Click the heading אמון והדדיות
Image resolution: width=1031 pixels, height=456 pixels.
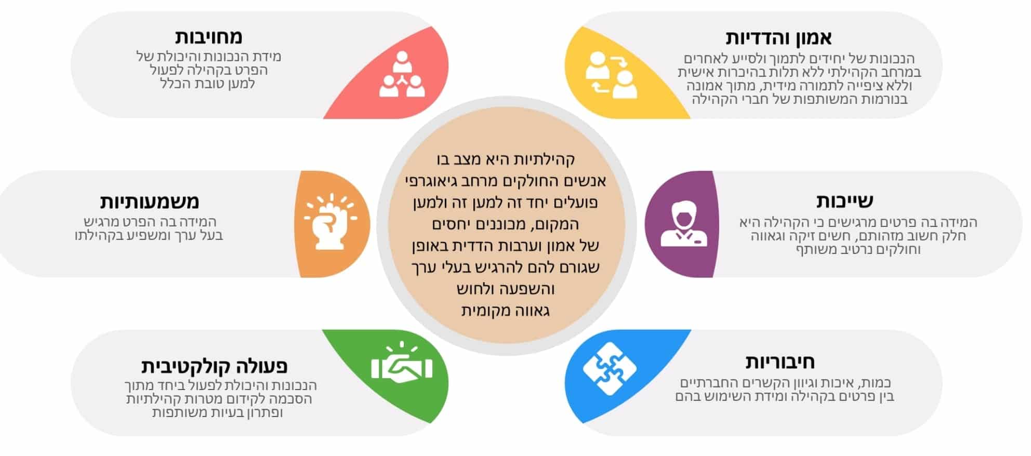pos(778,37)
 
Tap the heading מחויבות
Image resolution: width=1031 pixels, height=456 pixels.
pos(208,37)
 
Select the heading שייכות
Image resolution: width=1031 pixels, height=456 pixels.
pos(844,200)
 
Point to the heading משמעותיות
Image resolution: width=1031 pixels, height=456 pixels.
pos(149,201)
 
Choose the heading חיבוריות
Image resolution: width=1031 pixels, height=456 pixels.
pos(781,361)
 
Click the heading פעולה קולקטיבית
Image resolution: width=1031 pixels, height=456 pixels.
pos(214,366)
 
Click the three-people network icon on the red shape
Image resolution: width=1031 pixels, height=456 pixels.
pos(402,74)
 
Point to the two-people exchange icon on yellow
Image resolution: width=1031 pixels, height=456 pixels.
pos(612,75)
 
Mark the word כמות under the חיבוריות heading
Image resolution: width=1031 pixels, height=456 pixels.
pos(875,383)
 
